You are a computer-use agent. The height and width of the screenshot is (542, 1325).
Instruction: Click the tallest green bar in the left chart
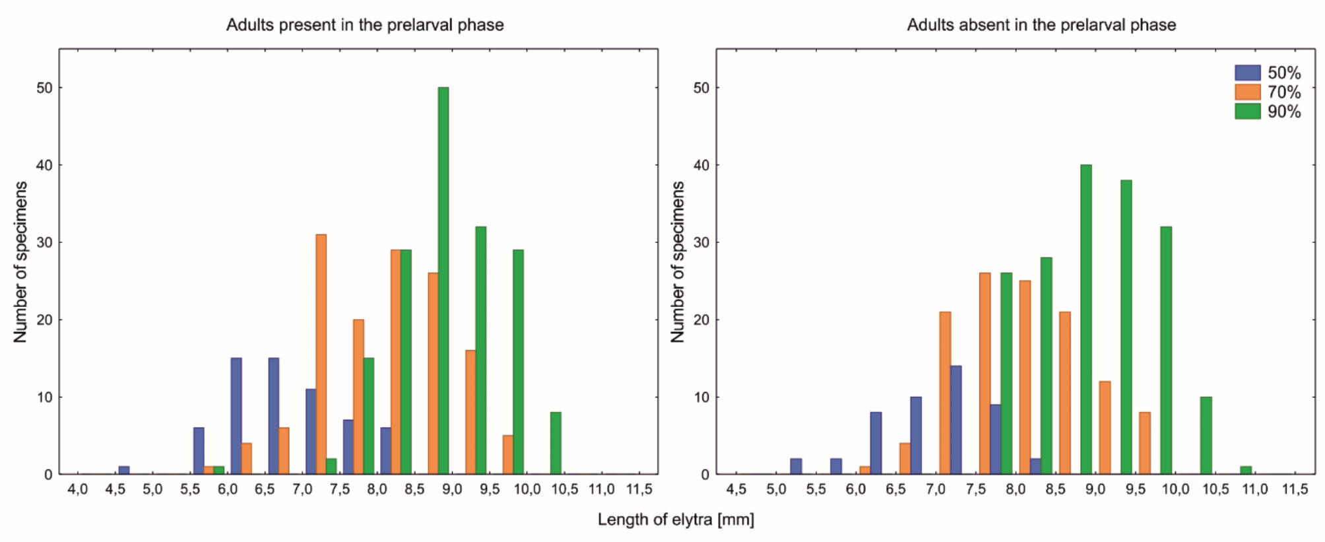pos(443,281)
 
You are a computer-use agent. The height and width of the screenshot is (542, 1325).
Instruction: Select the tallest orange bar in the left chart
pos(321,354)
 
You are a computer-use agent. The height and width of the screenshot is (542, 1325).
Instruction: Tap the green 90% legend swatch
pos(1247,111)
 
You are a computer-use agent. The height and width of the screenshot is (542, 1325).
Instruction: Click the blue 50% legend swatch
pos(1247,73)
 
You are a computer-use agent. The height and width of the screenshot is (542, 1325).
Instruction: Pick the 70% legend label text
pos(1283,92)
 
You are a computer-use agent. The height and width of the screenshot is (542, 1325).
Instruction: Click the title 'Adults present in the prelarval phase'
pos(365,25)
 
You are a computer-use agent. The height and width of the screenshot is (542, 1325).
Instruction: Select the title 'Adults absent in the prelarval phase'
pos(1041,25)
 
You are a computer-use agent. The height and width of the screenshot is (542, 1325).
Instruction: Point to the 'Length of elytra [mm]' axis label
pos(676,520)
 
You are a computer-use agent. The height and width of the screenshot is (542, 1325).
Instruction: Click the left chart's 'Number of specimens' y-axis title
pos(20,262)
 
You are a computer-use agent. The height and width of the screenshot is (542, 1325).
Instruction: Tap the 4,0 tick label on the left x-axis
pos(78,490)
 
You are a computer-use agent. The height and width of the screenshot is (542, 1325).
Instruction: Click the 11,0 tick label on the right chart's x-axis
pos(1254,490)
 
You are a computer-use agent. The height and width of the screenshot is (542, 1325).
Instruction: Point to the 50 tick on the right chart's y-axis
pos(701,88)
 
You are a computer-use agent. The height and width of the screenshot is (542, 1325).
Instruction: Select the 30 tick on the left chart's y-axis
pos(44,242)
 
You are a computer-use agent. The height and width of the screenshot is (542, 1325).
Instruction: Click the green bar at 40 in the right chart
pos(1086,320)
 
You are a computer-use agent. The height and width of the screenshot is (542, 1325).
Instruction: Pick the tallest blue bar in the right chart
pos(955,420)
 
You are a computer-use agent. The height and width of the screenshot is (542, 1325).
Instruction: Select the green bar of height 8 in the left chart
pos(556,443)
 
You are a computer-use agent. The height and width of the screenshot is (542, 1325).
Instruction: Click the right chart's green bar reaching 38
pos(1126,327)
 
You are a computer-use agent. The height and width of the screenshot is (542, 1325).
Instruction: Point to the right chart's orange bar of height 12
pos(1105,428)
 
